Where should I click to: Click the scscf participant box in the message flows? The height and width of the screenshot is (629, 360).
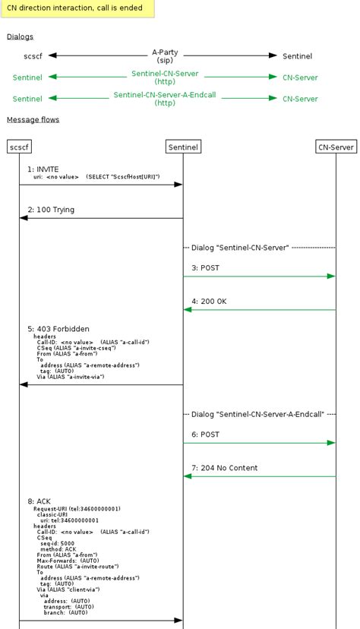coord(19,147)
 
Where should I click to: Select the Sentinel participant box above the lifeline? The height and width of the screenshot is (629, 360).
coord(183,147)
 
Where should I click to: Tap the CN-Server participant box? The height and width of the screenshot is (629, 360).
coord(336,147)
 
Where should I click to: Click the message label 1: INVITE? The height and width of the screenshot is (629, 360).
coord(43,169)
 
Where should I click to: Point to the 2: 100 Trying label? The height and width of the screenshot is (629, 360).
coord(51,210)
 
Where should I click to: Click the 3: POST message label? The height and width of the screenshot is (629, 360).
coord(205,268)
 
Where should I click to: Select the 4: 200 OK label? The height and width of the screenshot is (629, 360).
coord(209,302)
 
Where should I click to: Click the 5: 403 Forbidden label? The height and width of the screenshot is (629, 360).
coord(58,329)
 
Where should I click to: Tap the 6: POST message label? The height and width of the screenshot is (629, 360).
coord(205,435)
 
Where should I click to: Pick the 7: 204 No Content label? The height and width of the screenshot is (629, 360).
coord(224,468)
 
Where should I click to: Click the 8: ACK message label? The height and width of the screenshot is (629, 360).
coord(39,501)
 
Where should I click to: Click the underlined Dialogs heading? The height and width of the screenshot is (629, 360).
coord(21,36)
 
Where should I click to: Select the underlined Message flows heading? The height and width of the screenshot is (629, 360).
coord(33,119)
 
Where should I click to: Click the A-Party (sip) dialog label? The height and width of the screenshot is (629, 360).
coord(165,56)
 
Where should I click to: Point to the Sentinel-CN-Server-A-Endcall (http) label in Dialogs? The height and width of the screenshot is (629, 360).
coord(165,99)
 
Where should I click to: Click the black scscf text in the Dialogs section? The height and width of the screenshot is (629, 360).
coord(33,56)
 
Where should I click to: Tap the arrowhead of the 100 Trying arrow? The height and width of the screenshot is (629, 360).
coord(24,218)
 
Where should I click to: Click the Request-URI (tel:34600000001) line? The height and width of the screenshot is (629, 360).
coord(77,509)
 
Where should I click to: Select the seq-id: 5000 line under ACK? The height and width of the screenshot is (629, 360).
coord(58,544)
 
